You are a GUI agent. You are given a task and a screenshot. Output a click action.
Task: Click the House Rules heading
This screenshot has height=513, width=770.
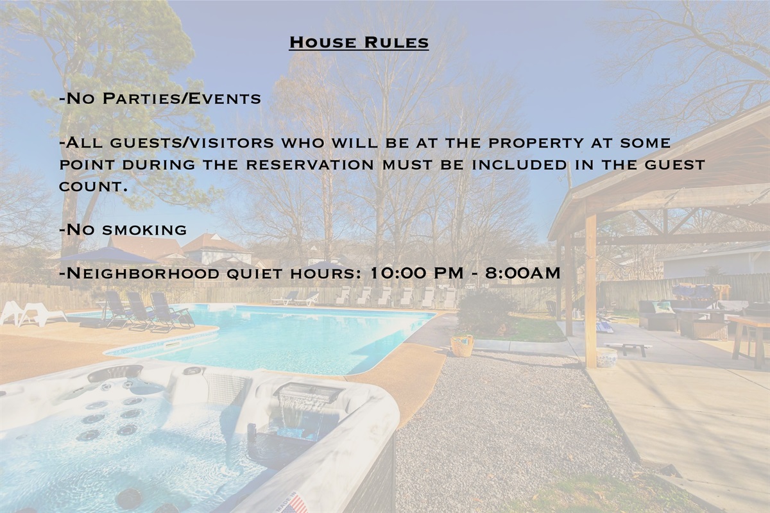(359, 42)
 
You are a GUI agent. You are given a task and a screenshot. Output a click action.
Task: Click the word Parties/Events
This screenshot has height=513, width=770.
(182, 99)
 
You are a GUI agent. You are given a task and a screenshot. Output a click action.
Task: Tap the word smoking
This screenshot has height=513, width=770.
(144, 230)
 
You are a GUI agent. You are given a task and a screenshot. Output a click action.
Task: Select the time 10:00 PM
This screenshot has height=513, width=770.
(416, 273)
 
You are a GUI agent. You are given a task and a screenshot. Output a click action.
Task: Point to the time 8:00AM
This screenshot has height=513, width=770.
(522, 273)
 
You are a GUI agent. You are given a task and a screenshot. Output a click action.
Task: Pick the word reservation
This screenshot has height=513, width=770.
(310, 165)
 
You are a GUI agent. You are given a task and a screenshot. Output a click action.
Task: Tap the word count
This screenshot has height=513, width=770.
(90, 187)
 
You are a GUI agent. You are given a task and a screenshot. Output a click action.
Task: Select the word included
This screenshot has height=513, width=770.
(519, 165)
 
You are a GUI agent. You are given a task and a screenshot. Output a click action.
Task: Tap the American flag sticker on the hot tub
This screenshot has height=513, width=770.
(295, 503)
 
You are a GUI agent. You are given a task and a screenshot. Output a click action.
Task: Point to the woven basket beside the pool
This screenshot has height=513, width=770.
(463, 346)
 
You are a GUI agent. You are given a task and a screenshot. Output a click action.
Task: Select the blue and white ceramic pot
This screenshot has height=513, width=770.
(607, 357)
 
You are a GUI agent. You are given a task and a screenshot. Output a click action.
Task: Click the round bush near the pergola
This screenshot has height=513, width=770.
(486, 312)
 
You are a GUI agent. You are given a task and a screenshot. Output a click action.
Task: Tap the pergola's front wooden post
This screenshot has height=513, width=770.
(590, 291)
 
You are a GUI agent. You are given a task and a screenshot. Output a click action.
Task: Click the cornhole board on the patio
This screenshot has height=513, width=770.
(628, 348)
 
